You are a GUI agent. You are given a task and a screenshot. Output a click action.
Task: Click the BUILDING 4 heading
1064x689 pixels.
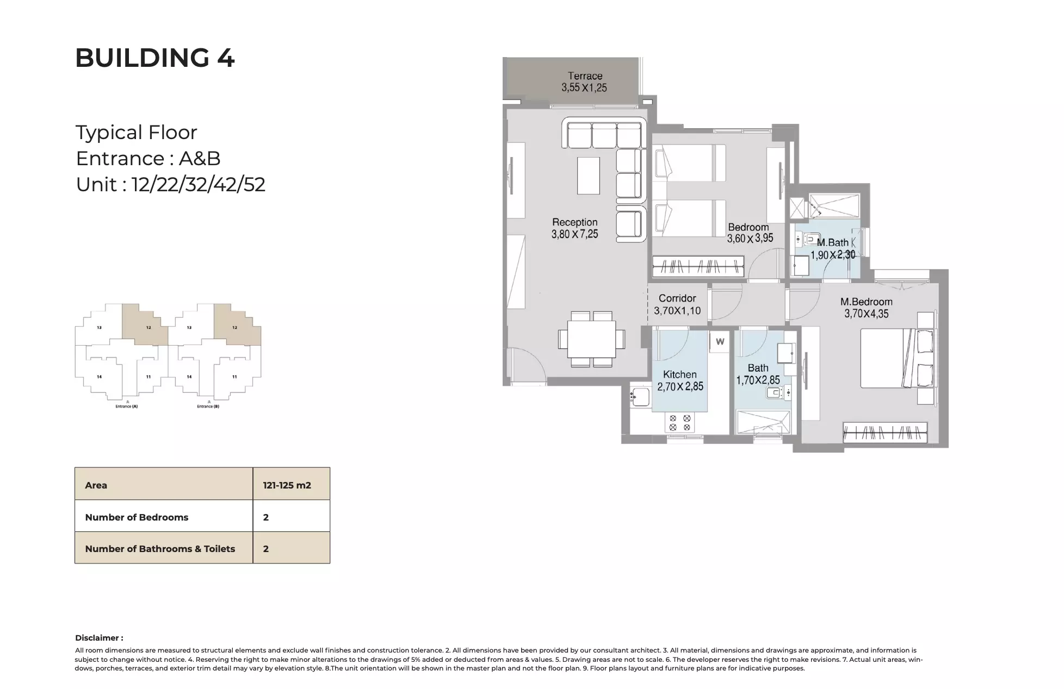[x=154, y=58]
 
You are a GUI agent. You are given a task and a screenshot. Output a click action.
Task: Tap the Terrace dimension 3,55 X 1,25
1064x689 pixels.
[x=584, y=87]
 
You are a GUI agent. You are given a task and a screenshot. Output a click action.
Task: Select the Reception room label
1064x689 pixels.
[x=574, y=222]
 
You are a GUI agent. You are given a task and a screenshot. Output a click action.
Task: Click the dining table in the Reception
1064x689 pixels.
[x=591, y=339]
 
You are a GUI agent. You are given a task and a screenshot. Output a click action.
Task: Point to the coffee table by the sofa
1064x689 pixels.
[x=588, y=176]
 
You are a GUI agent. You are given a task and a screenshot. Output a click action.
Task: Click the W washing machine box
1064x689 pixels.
[x=720, y=342]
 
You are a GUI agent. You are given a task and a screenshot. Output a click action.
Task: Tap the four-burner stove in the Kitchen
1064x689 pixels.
[x=679, y=423]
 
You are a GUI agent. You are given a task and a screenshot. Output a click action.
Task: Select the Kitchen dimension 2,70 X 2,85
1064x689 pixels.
[x=680, y=387]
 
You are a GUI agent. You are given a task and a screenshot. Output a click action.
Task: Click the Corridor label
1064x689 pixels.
[x=677, y=298]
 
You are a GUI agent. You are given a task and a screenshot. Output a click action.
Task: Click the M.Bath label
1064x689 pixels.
[x=832, y=242]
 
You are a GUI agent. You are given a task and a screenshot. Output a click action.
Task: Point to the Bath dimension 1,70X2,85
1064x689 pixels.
[x=758, y=380]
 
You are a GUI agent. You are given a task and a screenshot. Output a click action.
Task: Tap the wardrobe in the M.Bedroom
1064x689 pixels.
[x=884, y=433]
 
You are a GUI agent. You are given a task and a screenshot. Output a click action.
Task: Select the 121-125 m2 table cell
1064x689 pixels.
[x=287, y=485]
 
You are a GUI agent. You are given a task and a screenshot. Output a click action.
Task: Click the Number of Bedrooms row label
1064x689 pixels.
[x=137, y=517]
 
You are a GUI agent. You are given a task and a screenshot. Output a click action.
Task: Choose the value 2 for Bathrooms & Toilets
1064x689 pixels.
[x=266, y=549]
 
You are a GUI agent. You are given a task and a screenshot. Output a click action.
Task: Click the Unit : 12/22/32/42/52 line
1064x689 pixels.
[x=170, y=185]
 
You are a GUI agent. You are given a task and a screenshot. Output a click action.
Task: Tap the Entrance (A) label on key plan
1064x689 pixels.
[x=126, y=406]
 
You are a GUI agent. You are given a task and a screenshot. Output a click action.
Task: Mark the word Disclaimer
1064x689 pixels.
[x=98, y=638]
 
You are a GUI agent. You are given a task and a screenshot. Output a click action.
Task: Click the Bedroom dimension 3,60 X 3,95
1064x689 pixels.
[x=750, y=238]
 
